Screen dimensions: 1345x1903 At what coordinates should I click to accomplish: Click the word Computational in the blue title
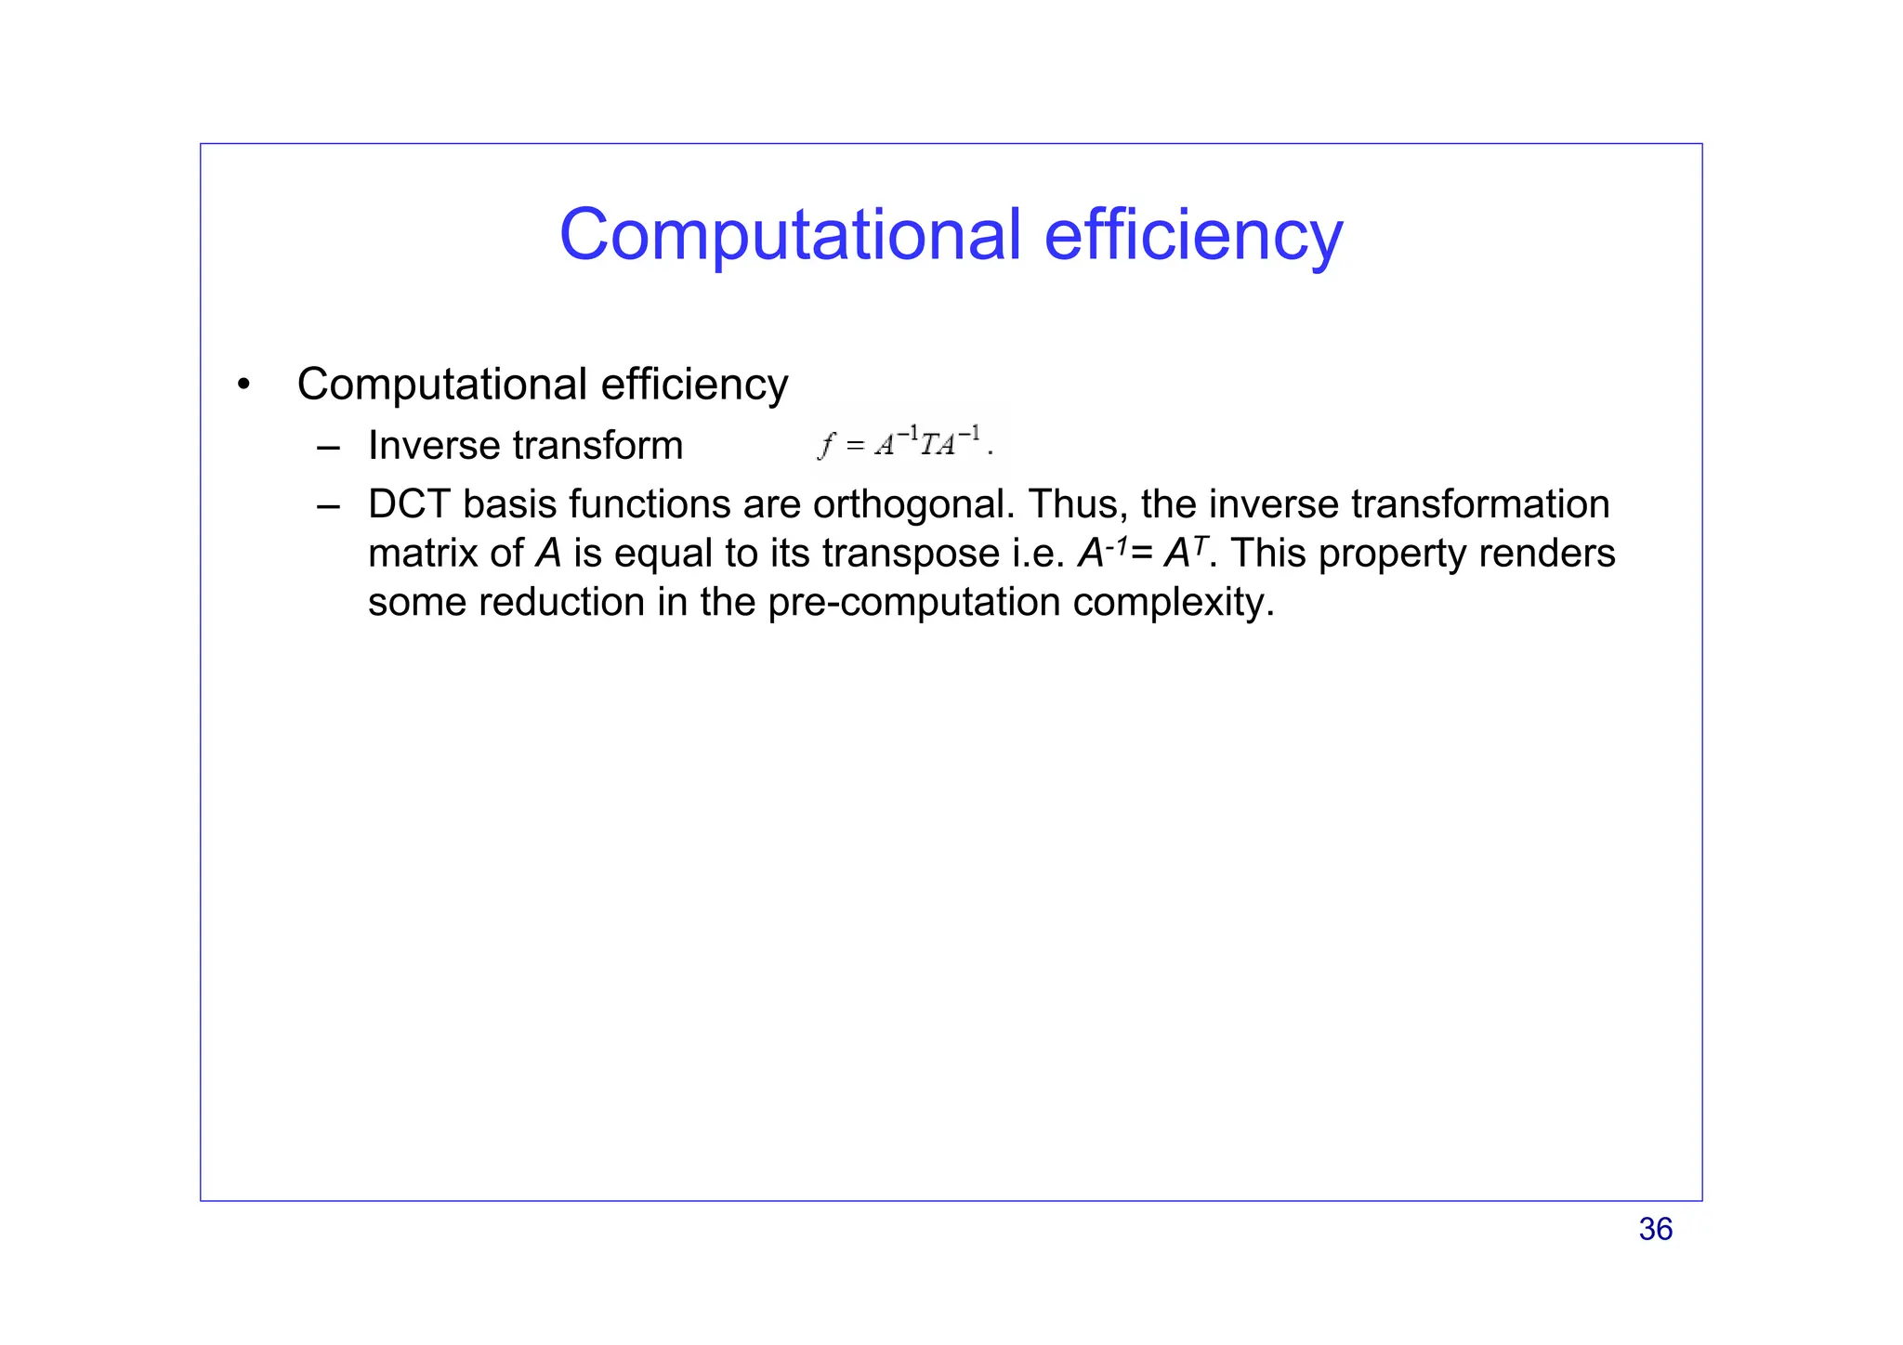tap(790, 234)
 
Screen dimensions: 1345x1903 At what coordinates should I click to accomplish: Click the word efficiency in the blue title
tap(1193, 234)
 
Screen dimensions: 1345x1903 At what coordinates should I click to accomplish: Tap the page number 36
tap(1655, 1229)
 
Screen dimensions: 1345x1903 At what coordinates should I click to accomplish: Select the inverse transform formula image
tap(908, 442)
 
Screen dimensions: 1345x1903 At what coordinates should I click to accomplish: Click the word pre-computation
tap(915, 603)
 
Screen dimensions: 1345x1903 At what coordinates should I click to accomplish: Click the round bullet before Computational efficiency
tap(243, 385)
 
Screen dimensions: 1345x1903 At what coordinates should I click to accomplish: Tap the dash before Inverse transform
tap(327, 447)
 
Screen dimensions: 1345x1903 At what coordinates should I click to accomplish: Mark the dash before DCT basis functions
tap(327, 506)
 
